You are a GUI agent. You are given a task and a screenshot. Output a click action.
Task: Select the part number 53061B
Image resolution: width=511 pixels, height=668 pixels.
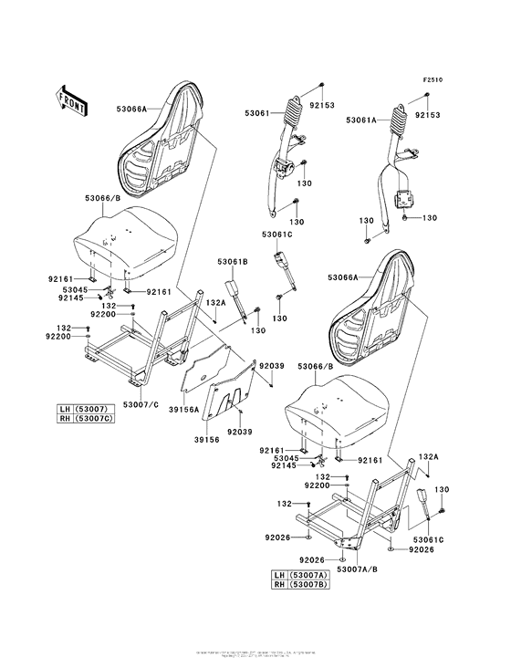click(232, 263)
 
